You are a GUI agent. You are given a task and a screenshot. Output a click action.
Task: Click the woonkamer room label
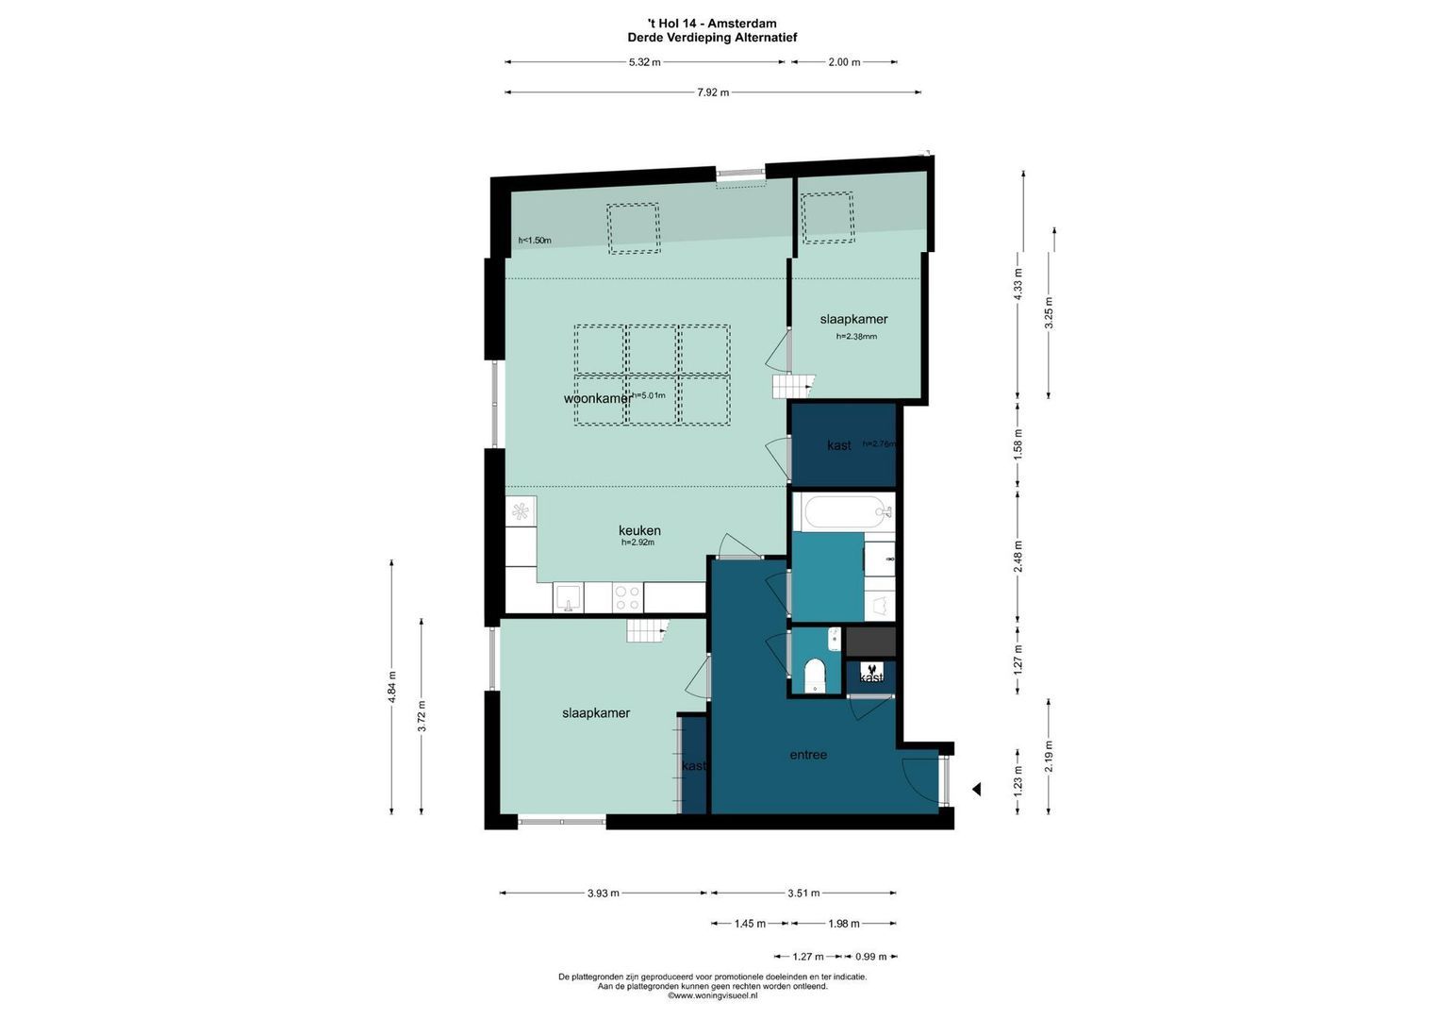tap(597, 398)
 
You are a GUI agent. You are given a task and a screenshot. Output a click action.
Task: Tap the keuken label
tap(639, 530)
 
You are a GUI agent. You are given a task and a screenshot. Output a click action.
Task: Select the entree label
tap(808, 755)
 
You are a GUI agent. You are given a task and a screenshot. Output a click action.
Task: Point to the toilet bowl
tap(813, 676)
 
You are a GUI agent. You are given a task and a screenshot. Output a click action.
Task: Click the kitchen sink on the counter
tap(568, 597)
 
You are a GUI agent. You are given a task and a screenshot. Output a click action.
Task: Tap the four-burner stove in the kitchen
tap(627, 597)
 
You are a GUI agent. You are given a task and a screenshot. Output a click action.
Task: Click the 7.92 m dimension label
tap(713, 92)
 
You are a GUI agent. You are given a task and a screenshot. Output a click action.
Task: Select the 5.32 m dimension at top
tap(644, 62)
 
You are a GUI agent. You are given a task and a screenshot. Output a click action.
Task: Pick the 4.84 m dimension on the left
tap(392, 685)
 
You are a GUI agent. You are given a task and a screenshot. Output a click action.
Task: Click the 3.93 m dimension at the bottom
tap(603, 893)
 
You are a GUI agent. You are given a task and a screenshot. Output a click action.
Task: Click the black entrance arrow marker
tap(977, 789)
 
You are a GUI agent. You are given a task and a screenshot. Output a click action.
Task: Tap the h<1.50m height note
tap(535, 241)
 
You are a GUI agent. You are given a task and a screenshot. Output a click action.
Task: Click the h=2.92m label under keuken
tap(637, 543)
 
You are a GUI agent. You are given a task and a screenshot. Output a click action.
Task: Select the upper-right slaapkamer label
tap(853, 319)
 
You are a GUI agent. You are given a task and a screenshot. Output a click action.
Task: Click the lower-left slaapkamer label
tap(596, 713)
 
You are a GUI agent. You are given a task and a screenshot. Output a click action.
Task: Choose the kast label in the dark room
tap(838, 445)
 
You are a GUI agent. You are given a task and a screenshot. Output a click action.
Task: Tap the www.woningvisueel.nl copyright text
tap(713, 995)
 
